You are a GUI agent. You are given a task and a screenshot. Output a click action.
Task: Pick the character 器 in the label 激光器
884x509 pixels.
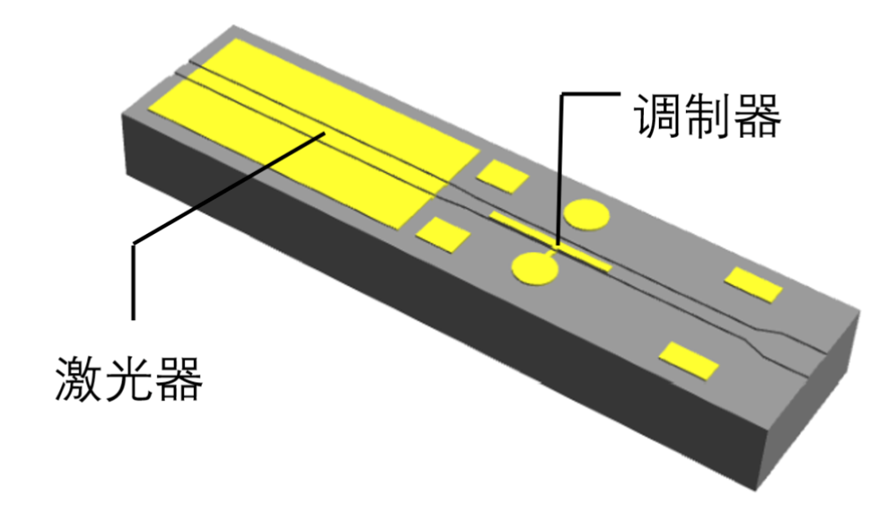(179, 379)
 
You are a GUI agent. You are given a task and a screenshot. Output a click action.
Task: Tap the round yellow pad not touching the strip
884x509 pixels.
(587, 215)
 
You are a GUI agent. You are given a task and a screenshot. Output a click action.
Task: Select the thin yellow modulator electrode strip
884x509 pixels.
(549, 241)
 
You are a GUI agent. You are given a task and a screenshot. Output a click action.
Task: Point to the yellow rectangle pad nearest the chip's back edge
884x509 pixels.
(754, 285)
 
